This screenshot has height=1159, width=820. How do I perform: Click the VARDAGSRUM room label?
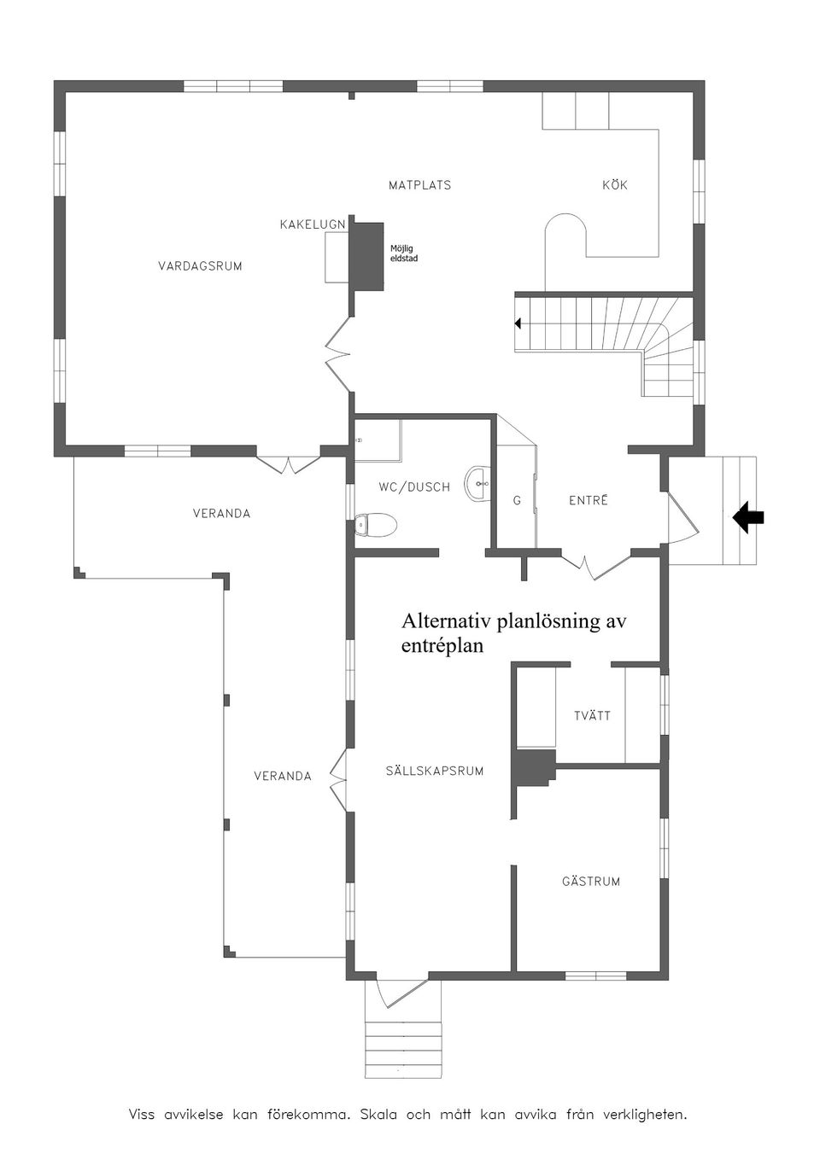pos(200,266)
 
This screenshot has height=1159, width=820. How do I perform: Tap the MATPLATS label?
pos(419,185)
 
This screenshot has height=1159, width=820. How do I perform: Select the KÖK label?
pos(615,185)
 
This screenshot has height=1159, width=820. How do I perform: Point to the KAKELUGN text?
pos(313,224)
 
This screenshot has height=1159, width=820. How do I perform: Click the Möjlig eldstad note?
pos(404,253)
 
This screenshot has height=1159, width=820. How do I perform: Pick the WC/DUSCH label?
pos(414,487)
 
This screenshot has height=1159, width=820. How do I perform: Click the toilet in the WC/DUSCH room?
pos(376,524)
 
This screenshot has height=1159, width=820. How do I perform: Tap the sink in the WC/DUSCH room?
pos(478,483)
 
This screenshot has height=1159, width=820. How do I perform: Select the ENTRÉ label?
pos(589,501)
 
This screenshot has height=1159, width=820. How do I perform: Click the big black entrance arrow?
pos(748,517)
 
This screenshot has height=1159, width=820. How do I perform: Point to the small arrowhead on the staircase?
pos(518,323)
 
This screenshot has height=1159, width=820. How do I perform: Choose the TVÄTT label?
pos(592,716)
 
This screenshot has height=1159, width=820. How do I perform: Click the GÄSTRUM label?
pos(591,882)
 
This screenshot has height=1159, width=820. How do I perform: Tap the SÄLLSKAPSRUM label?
pos(435,772)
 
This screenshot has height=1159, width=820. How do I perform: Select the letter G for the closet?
pos(517,502)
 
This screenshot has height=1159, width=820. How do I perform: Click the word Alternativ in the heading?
pos(446,621)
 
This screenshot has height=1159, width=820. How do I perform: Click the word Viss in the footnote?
pos(142,1115)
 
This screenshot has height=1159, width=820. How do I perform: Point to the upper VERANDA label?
pos(221,514)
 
